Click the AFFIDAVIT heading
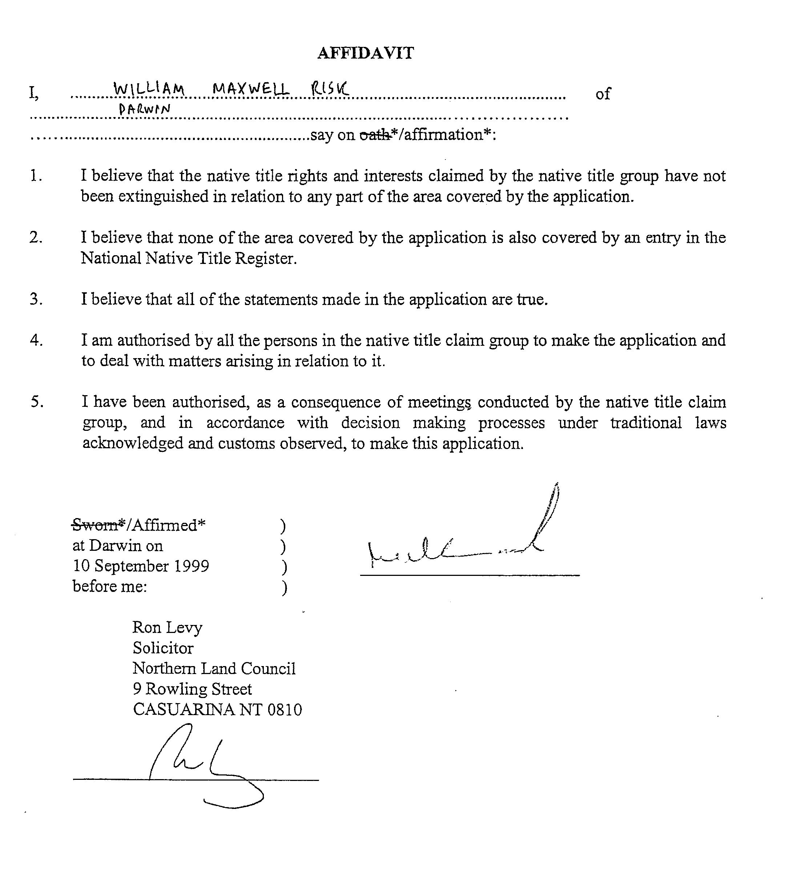(x=365, y=53)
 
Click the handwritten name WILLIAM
(x=149, y=89)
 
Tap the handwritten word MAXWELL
(x=251, y=89)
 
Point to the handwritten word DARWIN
(x=145, y=109)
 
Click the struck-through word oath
(x=374, y=135)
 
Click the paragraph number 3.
(x=36, y=299)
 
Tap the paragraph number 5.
(x=37, y=402)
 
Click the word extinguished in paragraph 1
(x=164, y=196)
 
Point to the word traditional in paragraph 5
(x=646, y=422)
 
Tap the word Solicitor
(x=163, y=648)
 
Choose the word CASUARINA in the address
(x=184, y=709)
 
